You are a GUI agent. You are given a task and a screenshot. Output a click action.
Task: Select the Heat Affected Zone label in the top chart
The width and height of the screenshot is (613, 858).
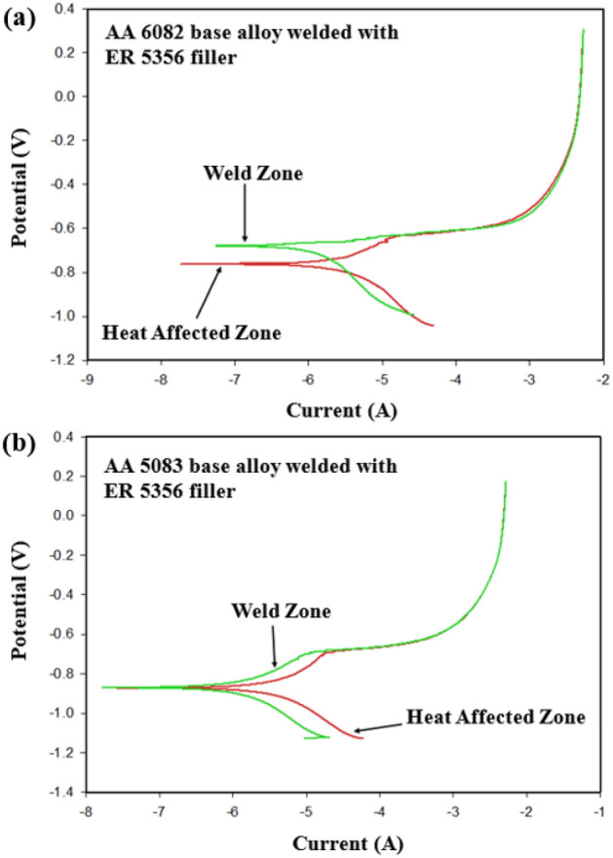pyautogui.click(x=191, y=332)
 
